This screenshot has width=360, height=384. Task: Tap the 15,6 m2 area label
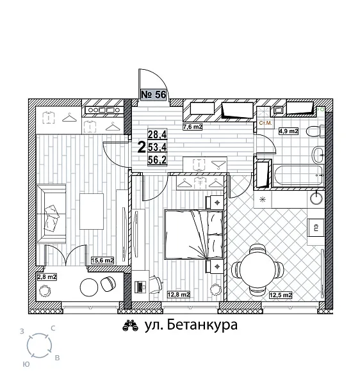pyautogui.click(x=102, y=260)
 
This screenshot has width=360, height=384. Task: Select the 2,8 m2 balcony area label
pyautogui.click(x=47, y=276)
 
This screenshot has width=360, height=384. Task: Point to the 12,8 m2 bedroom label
pyautogui.click(x=178, y=295)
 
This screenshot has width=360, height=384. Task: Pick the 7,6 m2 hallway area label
pyautogui.click(x=193, y=127)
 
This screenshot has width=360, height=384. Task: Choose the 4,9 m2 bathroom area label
pyautogui.click(x=288, y=132)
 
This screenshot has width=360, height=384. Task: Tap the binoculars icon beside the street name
pyautogui.click(x=131, y=326)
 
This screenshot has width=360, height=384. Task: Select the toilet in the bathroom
pyautogui.click(x=313, y=132)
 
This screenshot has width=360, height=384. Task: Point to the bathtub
pyautogui.click(x=295, y=174)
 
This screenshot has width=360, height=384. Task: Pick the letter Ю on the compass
pyautogui.click(x=26, y=363)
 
